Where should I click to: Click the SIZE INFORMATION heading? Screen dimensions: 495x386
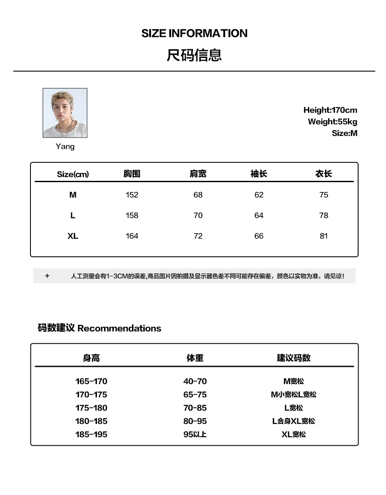pos(194,33)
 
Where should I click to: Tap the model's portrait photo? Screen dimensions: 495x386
pos(65,113)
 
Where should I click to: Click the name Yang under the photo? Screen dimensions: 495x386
pos(65,147)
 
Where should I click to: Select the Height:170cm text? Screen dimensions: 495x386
pos(330,110)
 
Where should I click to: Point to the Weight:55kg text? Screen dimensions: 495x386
pos(332,122)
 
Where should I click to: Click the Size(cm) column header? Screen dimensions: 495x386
pos(73,174)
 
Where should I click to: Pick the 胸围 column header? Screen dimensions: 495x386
pos(132,174)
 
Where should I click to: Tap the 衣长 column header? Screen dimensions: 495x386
pos(323,174)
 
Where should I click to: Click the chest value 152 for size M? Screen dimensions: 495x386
pos(132,195)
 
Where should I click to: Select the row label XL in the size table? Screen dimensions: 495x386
pos(73,236)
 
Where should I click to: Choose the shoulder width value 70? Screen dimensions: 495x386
pos(198,216)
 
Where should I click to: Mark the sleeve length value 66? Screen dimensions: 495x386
pos(259,236)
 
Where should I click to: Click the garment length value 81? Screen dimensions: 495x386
pos(323,236)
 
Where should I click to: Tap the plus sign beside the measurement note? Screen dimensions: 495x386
pos(47,276)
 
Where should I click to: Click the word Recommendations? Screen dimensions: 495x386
pos(119,329)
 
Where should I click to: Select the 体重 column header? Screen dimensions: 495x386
pos(195,358)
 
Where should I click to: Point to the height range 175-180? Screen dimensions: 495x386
pos(91,408)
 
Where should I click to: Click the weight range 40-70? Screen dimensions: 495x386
pos(195,381)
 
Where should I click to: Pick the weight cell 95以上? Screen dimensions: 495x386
pos(195,435)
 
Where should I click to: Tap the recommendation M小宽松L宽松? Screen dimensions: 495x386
pos(293,395)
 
